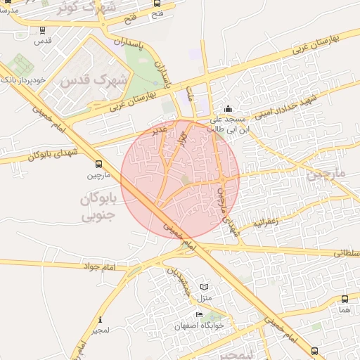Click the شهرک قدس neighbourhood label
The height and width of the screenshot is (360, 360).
(94, 80)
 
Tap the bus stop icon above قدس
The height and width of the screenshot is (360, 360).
(44, 30)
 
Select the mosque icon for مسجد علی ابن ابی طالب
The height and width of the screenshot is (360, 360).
(228, 109)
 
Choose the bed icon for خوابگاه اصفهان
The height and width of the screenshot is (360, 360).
(199, 314)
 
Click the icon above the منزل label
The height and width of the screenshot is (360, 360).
(205, 288)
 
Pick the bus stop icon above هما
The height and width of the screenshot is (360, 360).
(344, 298)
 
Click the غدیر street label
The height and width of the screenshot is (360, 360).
(160, 129)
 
